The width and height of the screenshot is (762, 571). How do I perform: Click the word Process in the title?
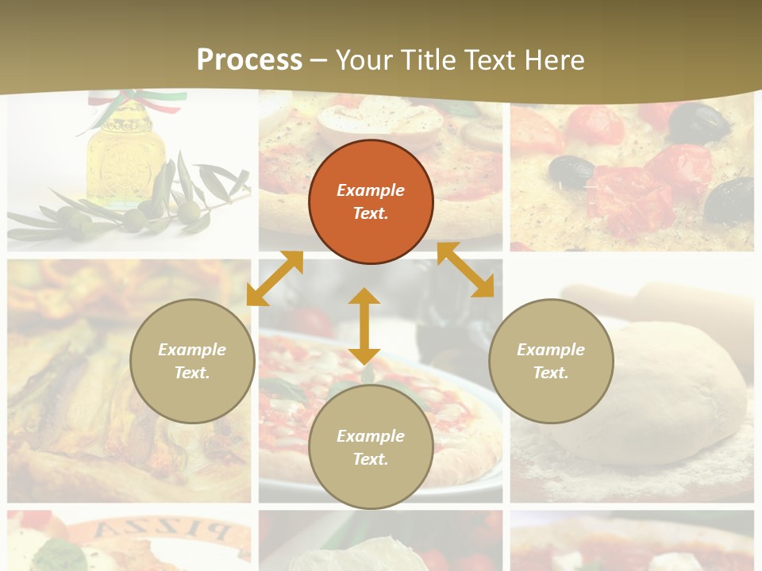click(249, 60)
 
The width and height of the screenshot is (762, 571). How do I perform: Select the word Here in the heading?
click(555, 60)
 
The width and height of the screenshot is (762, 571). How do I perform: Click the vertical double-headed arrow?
click(364, 326)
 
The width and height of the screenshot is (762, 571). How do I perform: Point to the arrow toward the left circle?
click(275, 278)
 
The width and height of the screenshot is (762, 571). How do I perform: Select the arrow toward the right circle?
click(465, 270)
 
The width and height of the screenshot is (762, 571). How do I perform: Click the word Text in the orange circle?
click(371, 213)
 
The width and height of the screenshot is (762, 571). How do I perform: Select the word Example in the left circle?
click(192, 350)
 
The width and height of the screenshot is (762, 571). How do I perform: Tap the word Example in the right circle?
click(551, 350)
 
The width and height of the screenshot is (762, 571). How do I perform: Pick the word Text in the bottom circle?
click(371, 459)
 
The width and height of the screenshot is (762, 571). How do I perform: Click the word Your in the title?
click(365, 60)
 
